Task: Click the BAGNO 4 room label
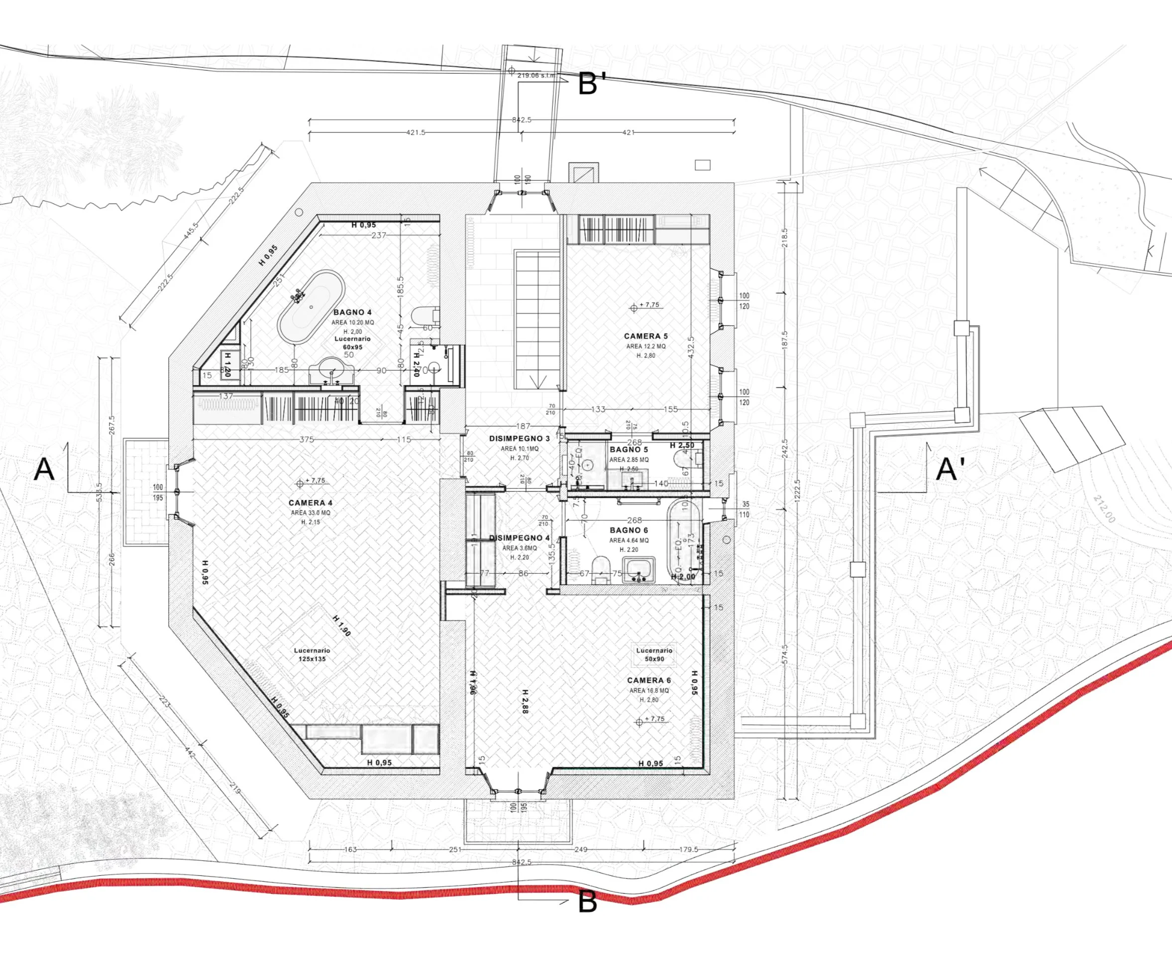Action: [352, 313]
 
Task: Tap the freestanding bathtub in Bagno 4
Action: [310, 308]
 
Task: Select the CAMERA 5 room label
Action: [645, 336]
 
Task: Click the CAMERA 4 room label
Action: [310, 503]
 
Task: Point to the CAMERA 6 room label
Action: [649, 680]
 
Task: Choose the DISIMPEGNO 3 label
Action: [520, 438]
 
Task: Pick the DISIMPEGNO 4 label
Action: [520, 537]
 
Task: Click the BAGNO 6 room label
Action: [629, 531]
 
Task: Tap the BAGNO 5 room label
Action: [629, 449]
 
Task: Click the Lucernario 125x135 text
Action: [312, 655]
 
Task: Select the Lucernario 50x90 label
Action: [654, 655]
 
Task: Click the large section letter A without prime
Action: [44, 469]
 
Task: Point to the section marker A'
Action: [950, 469]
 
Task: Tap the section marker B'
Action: [592, 84]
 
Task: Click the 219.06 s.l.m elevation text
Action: [536, 75]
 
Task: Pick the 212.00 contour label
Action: [1104, 509]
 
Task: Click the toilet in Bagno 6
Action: [600, 568]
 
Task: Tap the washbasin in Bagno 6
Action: [639, 569]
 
